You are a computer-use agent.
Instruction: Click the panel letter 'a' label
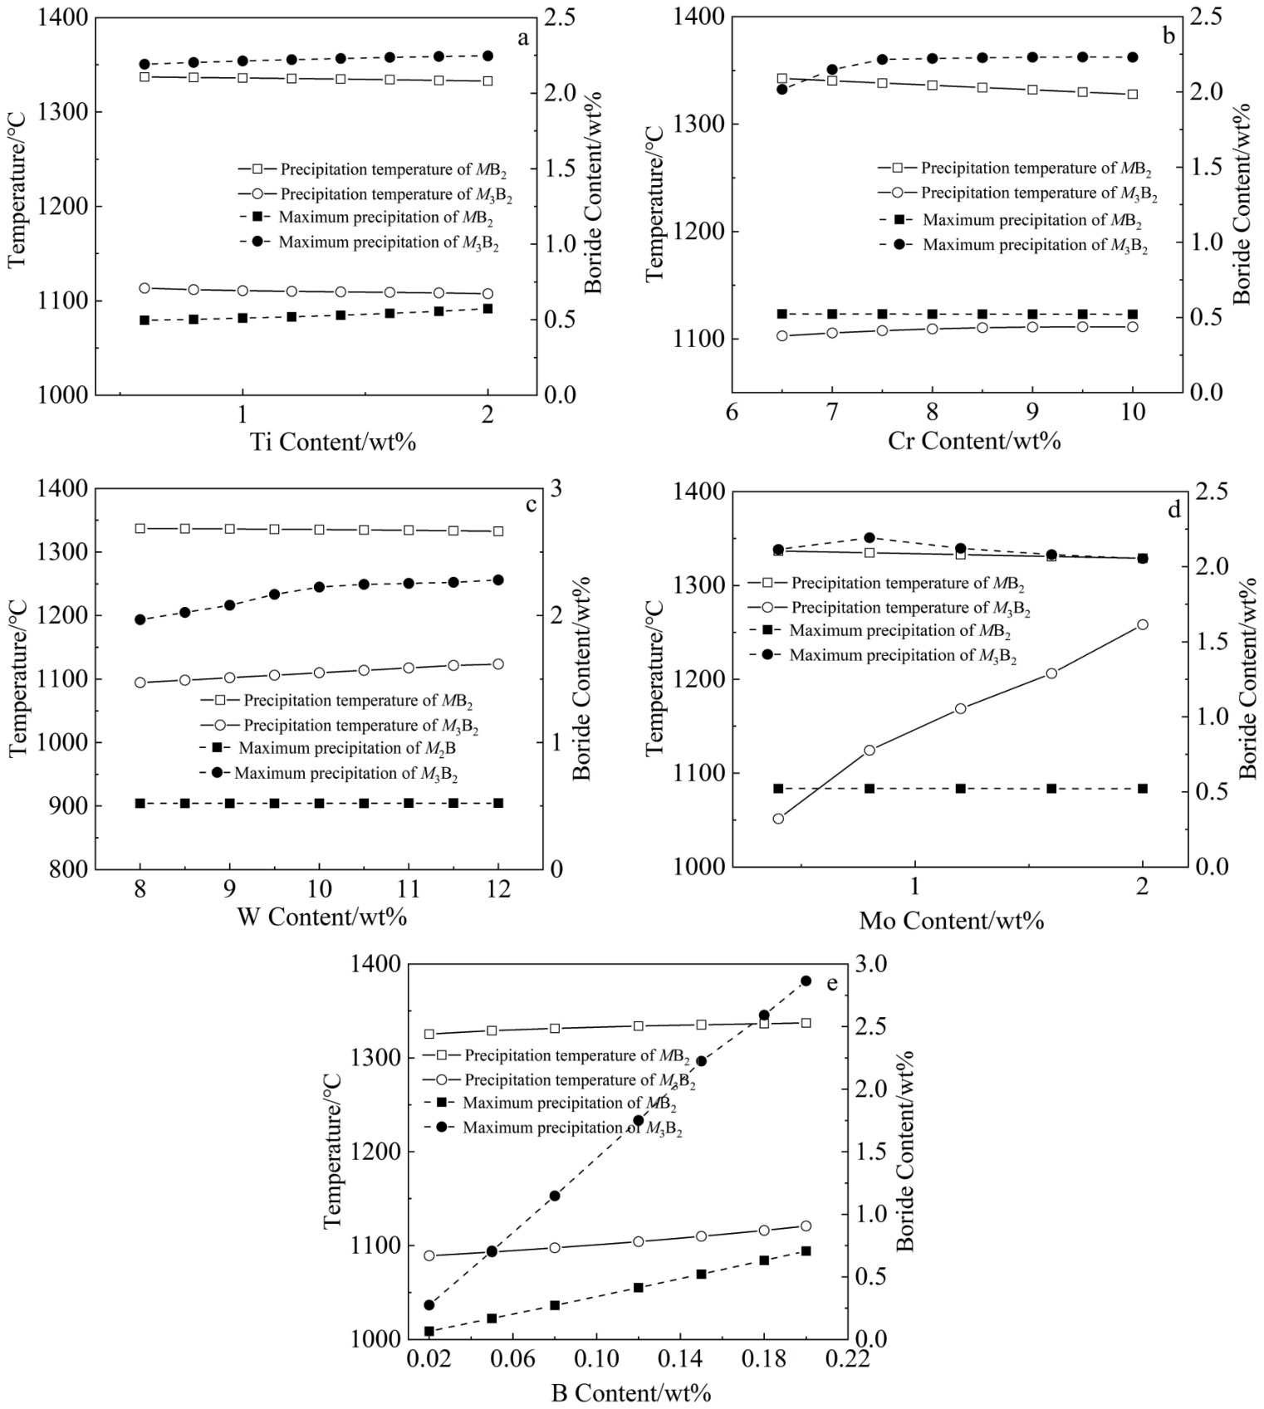[x=522, y=38]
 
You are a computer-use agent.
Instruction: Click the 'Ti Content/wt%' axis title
[x=332, y=441]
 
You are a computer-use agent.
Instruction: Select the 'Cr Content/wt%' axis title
[x=973, y=440]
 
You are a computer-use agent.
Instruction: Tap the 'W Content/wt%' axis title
[x=321, y=917]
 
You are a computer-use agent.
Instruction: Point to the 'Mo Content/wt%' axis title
[x=951, y=920]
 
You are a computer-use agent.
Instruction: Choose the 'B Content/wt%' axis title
[x=631, y=1392]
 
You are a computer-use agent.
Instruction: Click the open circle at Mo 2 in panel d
[x=1142, y=624]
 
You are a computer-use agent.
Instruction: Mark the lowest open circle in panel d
[x=778, y=819]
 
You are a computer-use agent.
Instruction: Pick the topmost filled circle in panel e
[x=806, y=981]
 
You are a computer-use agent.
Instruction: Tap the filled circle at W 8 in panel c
[x=140, y=619]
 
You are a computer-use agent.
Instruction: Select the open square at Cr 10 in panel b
[x=1132, y=95]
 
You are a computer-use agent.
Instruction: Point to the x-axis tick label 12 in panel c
[x=497, y=890]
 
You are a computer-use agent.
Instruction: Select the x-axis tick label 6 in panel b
[x=732, y=413]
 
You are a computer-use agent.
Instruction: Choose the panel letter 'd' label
[x=1173, y=510]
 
